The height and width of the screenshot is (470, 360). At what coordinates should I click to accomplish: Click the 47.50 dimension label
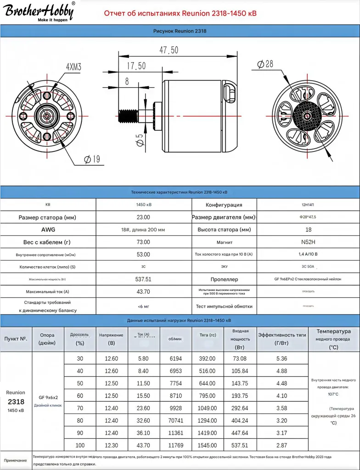pyautogui.click(x=169, y=50)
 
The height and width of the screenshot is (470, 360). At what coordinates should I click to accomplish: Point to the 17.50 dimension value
pyautogui.click(x=136, y=66)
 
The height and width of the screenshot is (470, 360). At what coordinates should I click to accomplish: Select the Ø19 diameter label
pyautogui.click(x=92, y=159)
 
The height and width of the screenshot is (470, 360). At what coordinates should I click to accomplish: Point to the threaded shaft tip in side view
pyautogui.click(x=128, y=116)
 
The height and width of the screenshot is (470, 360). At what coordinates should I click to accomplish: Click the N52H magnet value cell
pyautogui.click(x=308, y=242)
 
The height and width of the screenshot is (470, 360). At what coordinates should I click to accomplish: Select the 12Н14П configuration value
pyautogui.click(x=308, y=205)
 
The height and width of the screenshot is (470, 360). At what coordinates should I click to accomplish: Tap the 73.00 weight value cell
pyautogui.click(x=143, y=242)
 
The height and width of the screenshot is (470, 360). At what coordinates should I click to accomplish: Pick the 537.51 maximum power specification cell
pyautogui.click(x=143, y=279)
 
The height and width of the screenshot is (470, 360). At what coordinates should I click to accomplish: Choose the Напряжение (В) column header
pyautogui.click(x=111, y=339)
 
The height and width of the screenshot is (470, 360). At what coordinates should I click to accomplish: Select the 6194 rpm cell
pyautogui.click(x=175, y=358)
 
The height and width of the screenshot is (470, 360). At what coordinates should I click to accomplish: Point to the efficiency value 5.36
pyautogui.click(x=282, y=358)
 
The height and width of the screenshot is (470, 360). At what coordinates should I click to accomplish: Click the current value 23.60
pyautogui.click(x=143, y=408)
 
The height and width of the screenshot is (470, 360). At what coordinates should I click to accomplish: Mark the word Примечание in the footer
pyautogui.click(x=16, y=460)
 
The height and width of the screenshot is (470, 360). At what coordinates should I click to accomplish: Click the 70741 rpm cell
pyautogui.click(x=175, y=420)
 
